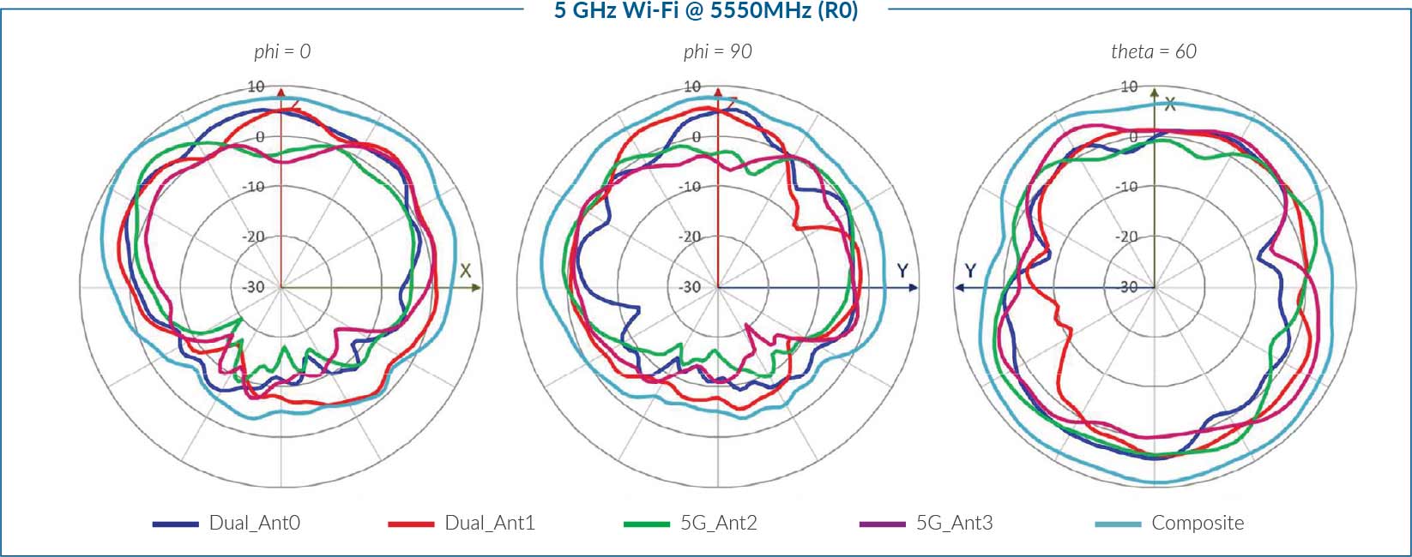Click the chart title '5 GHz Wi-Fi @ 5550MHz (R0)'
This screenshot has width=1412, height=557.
click(x=705, y=10)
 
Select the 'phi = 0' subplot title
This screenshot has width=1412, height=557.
click(x=282, y=51)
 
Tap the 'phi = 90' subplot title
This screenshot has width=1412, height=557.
click(x=717, y=51)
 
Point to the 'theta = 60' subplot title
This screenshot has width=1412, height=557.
click(x=1153, y=51)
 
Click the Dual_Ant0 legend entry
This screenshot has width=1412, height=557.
click(x=226, y=523)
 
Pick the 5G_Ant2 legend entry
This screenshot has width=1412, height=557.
click(x=691, y=523)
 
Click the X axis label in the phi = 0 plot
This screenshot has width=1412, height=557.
click(x=465, y=271)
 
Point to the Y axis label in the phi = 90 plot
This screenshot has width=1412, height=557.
click(x=902, y=271)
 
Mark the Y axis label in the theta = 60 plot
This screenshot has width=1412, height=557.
click(x=970, y=271)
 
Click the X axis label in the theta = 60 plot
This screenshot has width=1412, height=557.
click(x=1169, y=104)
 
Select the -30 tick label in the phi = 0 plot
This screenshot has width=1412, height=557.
click(x=254, y=287)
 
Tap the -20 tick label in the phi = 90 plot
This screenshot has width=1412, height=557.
click(x=690, y=237)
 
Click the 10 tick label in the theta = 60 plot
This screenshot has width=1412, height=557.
click(x=1129, y=87)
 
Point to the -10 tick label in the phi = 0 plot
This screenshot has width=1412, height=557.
click(x=254, y=187)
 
